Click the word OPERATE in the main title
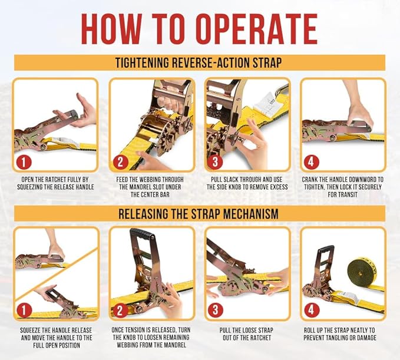pyautogui.click(x=257, y=29)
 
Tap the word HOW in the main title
pyautogui.click(x=111, y=29)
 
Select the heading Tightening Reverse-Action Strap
pyautogui.click(x=199, y=62)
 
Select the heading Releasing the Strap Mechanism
pyautogui.click(x=199, y=213)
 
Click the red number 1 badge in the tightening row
pyautogui.click(x=24, y=162)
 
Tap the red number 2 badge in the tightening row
pyautogui.click(x=120, y=162)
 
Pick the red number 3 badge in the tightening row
pyautogui.click(x=215, y=162)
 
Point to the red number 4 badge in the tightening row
pyautogui.click(x=311, y=162)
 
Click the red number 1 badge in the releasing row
pyautogui.click(x=24, y=311)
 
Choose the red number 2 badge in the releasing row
pyautogui.click(x=120, y=311)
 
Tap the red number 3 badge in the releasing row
pyautogui.click(x=216, y=311)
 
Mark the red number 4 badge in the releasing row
pyautogui.click(x=311, y=311)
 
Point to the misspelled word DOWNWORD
pyautogui.click(x=360, y=179)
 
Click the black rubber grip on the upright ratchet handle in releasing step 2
pyautogui.click(x=143, y=233)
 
